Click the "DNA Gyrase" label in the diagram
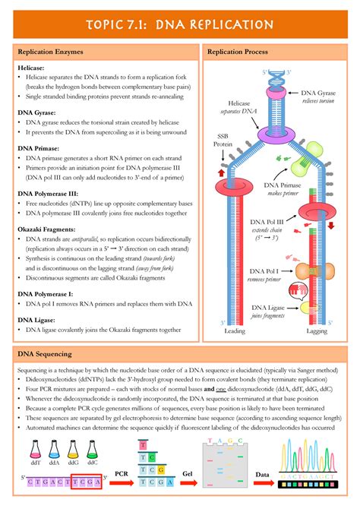click(x=319, y=91)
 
